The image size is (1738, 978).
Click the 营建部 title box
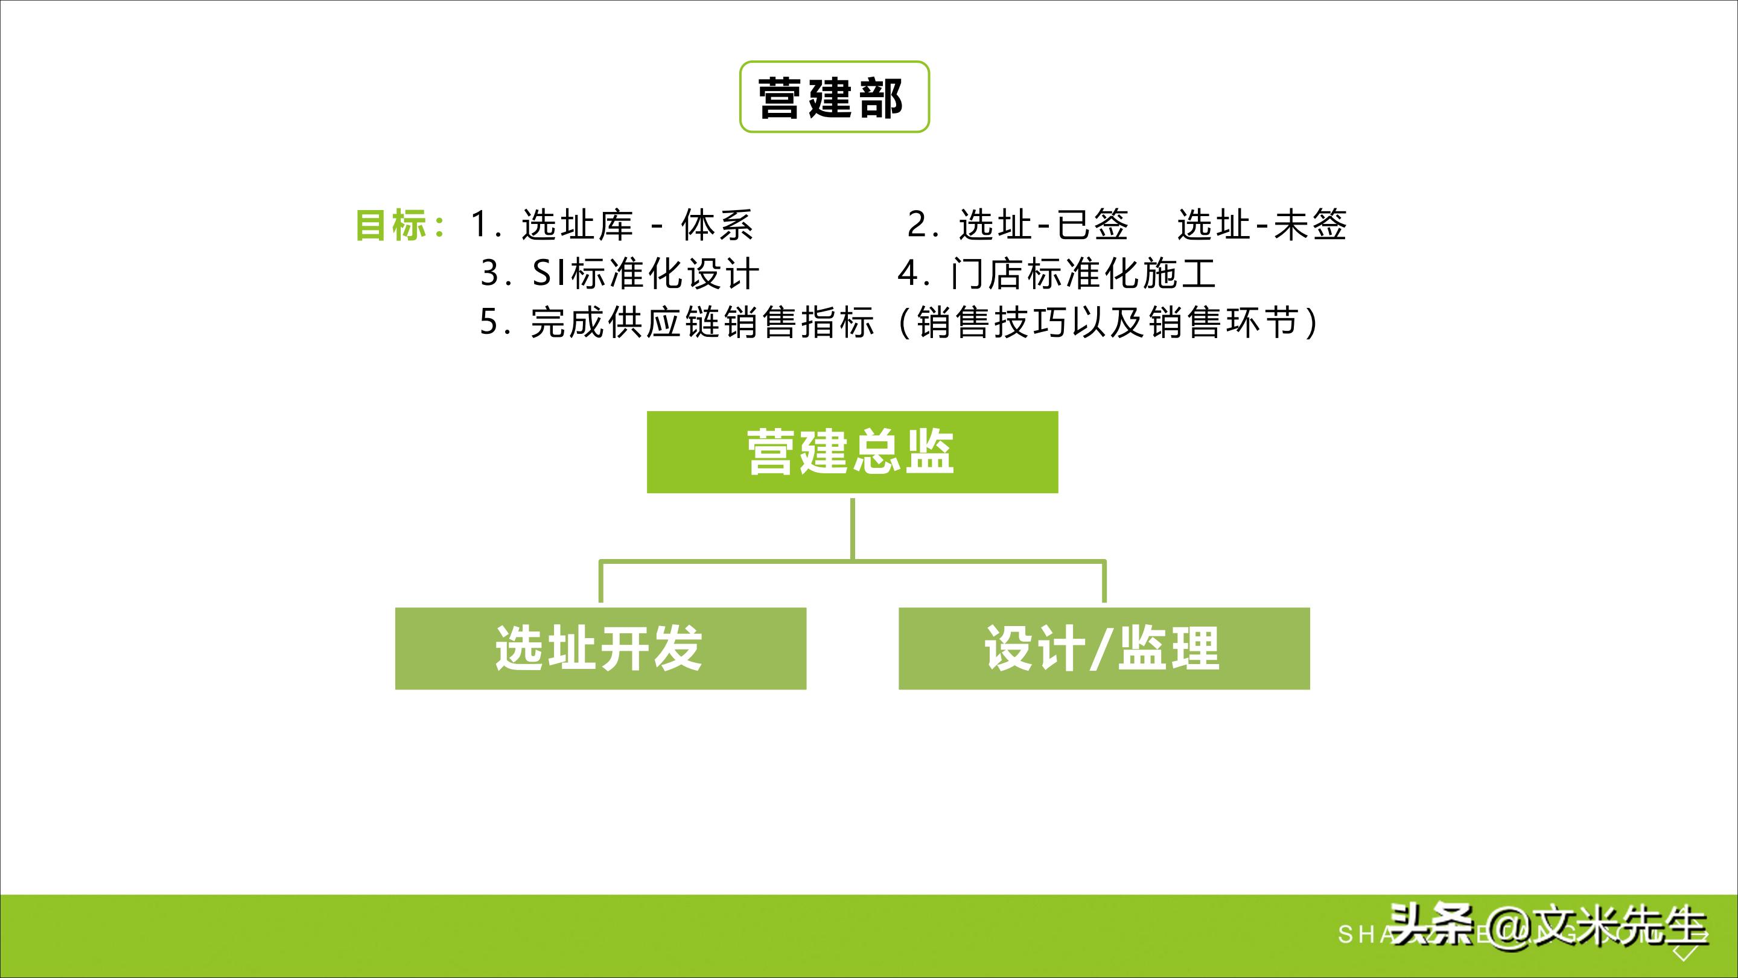(834, 97)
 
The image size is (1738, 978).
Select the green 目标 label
(391, 225)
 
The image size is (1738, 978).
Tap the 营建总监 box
(852, 452)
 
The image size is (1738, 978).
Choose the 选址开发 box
(600, 648)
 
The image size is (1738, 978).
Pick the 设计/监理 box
(1104, 648)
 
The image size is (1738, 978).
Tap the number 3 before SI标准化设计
(491, 273)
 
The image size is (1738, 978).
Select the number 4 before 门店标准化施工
(908, 273)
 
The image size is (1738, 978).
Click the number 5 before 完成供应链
(489, 322)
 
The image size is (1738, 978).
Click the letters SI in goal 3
(550, 273)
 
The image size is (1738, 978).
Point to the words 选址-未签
(1262, 225)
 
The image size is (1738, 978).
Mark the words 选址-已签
(1043, 225)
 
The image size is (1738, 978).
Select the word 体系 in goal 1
(717, 225)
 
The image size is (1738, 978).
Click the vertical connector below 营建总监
(853, 528)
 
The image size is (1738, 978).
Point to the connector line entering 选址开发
(601, 582)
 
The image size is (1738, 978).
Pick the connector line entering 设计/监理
(1104, 582)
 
